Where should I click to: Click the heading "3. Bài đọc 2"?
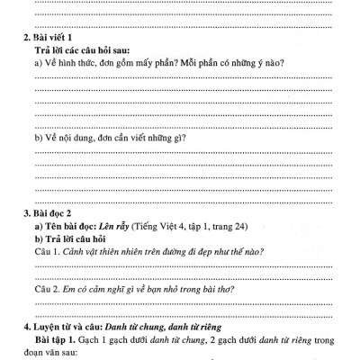56,214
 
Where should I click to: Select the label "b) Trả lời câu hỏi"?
81,240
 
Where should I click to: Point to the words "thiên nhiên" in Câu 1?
126,254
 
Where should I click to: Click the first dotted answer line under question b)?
180,152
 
